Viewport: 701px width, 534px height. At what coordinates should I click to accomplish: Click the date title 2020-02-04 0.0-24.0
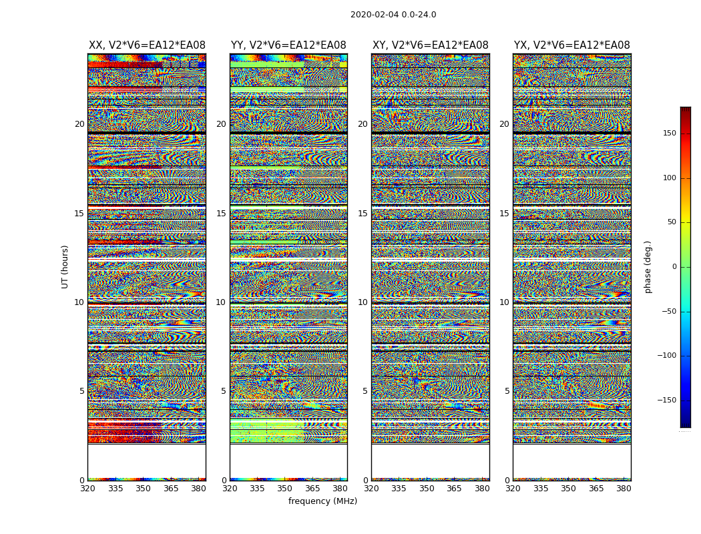click(393, 15)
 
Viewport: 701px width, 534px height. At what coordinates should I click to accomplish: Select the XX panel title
click(147, 45)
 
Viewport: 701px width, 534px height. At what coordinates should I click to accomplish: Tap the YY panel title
click(288, 45)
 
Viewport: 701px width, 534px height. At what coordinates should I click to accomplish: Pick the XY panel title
click(431, 45)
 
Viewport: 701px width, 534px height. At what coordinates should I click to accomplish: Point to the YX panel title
click(572, 45)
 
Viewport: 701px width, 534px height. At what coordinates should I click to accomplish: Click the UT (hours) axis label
click(65, 266)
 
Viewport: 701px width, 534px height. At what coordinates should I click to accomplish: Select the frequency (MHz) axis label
click(322, 501)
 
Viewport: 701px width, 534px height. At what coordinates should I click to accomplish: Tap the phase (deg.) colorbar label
click(648, 267)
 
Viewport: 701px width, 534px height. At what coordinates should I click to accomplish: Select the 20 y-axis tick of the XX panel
click(79, 124)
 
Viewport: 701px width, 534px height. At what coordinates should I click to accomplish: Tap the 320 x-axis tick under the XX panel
click(87, 489)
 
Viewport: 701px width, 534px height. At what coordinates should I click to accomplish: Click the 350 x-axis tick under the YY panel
click(285, 489)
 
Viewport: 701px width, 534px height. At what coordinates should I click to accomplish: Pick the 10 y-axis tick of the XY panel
click(363, 302)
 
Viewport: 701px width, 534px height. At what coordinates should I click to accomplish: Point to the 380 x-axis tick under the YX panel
click(624, 489)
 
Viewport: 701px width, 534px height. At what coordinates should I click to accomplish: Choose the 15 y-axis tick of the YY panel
click(221, 214)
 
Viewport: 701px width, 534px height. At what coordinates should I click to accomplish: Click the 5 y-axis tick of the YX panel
click(507, 391)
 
